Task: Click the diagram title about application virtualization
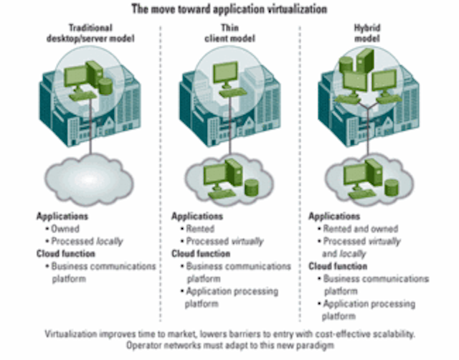[229, 9]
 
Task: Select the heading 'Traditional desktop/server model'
[90, 33]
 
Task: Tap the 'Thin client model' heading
[229, 33]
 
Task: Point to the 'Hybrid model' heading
[367, 33]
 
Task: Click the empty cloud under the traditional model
[89, 180]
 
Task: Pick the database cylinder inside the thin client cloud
[251, 188]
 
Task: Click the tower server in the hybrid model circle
[365, 60]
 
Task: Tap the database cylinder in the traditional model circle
[105, 86]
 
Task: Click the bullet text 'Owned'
[65, 229]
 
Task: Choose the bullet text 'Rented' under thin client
[200, 229]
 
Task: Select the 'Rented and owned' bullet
[360, 229]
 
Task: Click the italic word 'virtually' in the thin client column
[247, 242]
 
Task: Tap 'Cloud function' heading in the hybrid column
[338, 266]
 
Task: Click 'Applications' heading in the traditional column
[62, 217]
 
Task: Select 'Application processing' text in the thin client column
[232, 291]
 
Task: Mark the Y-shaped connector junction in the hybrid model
[368, 109]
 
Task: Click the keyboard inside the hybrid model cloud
[362, 194]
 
